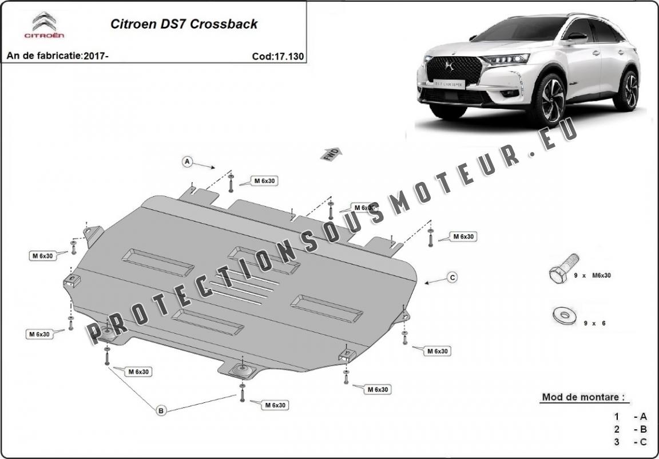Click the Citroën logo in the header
tap(44, 26)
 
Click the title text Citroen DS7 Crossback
tap(183, 24)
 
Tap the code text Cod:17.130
tap(277, 56)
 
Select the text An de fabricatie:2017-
tap(57, 56)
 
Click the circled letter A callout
tap(187, 162)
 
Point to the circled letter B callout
tap(161, 410)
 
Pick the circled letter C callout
tap(452, 278)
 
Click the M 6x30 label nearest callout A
tap(265, 181)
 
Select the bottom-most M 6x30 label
tap(275, 405)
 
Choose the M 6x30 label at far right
tap(463, 236)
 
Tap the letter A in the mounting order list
tap(643, 417)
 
